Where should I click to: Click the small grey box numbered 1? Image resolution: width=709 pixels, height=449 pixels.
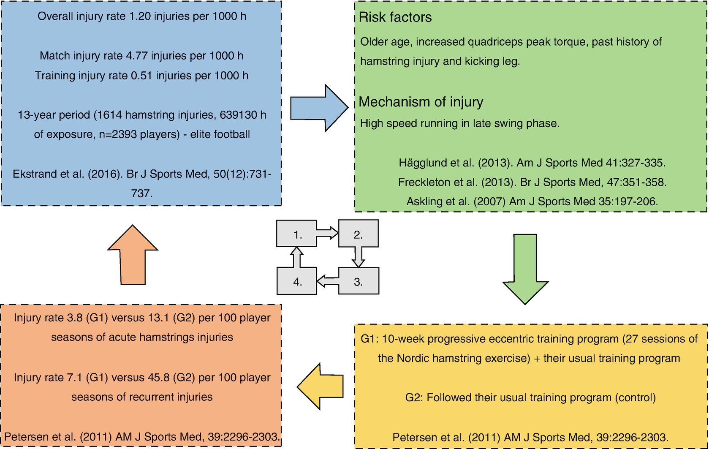(297, 234)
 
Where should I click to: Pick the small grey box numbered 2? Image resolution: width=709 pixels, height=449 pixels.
(359, 234)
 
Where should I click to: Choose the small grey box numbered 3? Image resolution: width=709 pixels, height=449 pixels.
(359, 281)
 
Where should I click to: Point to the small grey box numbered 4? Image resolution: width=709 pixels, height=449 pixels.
(297, 281)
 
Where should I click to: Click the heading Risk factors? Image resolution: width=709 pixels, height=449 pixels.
(395, 17)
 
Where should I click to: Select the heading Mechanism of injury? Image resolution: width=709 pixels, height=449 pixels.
(421, 102)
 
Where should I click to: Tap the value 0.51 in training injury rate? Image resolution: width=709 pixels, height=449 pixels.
(142, 76)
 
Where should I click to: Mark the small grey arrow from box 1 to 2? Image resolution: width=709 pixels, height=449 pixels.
(328, 233)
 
